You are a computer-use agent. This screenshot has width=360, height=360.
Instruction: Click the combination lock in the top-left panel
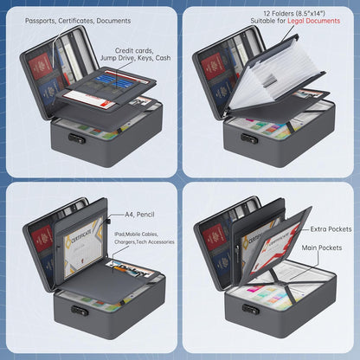coord(77,138)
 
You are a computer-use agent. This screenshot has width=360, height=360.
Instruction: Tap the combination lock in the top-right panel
coord(249,138)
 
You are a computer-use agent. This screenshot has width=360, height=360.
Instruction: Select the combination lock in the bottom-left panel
coord(80,311)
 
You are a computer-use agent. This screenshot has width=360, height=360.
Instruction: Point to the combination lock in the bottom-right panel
coord(250,310)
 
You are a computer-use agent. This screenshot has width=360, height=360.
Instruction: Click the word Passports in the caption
coord(40,21)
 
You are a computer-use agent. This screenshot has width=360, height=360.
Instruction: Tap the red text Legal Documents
coord(313,21)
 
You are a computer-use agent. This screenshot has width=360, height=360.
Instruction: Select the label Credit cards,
coord(134,51)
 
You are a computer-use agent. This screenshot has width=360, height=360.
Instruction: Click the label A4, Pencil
coord(139,215)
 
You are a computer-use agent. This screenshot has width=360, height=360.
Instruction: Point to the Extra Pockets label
coord(331,229)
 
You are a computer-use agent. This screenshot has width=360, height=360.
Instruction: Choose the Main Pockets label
coord(322,247)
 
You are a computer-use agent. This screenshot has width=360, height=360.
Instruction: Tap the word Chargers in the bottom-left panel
coord(125,241)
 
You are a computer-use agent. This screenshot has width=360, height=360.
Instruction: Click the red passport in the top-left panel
coord(41,66)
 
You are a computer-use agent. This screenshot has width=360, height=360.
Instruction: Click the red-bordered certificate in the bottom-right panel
coord(274,248)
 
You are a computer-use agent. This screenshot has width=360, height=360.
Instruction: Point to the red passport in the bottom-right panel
coord(213,236)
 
